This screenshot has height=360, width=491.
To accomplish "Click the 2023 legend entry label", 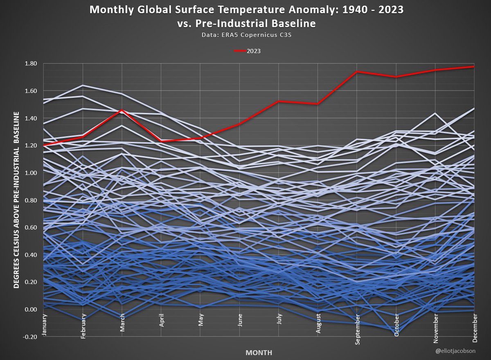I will (254, 51).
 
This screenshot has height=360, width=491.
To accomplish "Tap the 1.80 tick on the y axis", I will (31, 63).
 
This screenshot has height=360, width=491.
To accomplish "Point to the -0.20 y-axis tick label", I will (31, 337).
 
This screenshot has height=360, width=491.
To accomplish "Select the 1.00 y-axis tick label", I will (31, 173).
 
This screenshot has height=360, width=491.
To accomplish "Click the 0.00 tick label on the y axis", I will (31, 309).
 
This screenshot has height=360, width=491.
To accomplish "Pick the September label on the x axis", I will (357, 327).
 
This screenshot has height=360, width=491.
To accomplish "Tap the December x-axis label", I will (474, 326).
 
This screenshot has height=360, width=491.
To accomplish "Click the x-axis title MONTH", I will (259, 352).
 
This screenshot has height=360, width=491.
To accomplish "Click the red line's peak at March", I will (122, 110).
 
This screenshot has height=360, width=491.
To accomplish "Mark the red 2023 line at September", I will (357, 72).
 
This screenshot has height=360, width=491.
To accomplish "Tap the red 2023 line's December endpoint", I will (473, 66).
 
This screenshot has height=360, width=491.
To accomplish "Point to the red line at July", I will (279, 101).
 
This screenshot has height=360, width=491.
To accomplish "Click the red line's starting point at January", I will (44, 145).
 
